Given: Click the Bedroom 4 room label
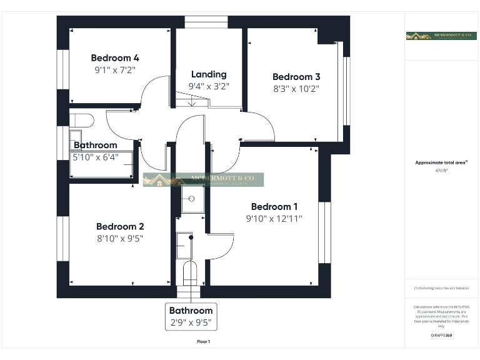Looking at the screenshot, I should pos(115,58).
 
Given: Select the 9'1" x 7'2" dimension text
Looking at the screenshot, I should pos(115,71).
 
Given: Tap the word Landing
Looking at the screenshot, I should pos(209,74).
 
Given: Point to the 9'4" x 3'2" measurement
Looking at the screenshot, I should pos(209,87).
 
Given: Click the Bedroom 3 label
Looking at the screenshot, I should pos(296,77).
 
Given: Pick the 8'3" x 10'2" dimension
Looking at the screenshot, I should pos(296,89).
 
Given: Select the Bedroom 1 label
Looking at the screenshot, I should pos(274,207).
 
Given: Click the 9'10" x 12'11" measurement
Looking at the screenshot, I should pos(274,219).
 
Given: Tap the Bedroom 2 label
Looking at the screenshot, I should pos(120,226).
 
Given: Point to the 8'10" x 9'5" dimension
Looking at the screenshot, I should pos(120,238).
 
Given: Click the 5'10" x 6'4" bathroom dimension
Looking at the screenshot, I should pos(95,157).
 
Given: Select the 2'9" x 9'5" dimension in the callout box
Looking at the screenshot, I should pos(191,323).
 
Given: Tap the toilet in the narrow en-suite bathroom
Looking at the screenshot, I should pos(190,272).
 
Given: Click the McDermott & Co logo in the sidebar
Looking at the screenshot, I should pos(441,36).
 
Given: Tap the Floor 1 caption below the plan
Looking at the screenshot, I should pos(204,342).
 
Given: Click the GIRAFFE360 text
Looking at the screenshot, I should pos(441,336).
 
